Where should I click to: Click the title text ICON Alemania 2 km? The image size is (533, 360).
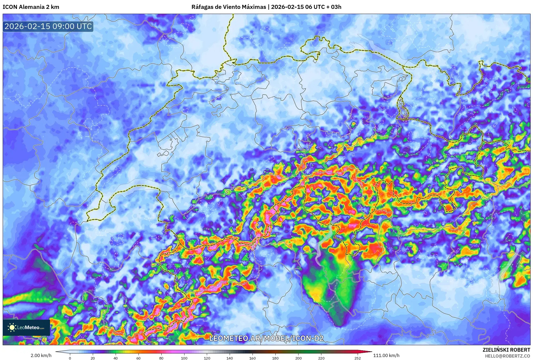pyautogui.click(x=31, y=7)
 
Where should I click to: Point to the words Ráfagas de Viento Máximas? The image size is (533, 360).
pyautogui.click(x=229, y=7)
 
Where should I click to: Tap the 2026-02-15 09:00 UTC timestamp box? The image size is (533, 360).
pyautogui.click(x=48, y=26)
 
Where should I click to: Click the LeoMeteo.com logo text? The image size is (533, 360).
pyautogui.click(x=30, y=327)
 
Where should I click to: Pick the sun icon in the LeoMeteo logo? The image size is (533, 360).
pyautogui.click(x=12, y=327)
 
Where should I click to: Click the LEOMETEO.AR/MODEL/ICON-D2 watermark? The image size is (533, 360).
pyautogui.click(x=266, y=338)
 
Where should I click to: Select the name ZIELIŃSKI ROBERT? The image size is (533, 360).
pyautogui.click(x=506, y=350)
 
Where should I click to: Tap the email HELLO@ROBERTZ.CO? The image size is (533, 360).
pyautogui.click(x=507, y=356)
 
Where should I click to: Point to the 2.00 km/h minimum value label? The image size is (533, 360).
pyautogui.click(x=41, y=355)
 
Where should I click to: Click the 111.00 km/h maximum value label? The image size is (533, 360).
pyautogui.click(x=386, y=355)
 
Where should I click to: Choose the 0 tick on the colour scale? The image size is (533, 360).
pyautogui.click(x=70, y=358)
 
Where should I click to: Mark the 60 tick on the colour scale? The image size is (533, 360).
pyautogui.click(x=138, y=358)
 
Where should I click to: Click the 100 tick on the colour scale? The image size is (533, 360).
pyautogui.click(x=184, y=358)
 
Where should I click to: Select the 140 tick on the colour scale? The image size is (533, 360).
pyautogui.click(x=230, y=358)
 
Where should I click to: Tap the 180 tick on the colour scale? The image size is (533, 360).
pyautogui.click(x=275, y=358)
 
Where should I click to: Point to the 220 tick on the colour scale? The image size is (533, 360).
pyautogui.click(x=321, y=358)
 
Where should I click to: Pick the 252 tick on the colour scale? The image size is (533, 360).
pyautogui.click(x=357, y=358)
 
